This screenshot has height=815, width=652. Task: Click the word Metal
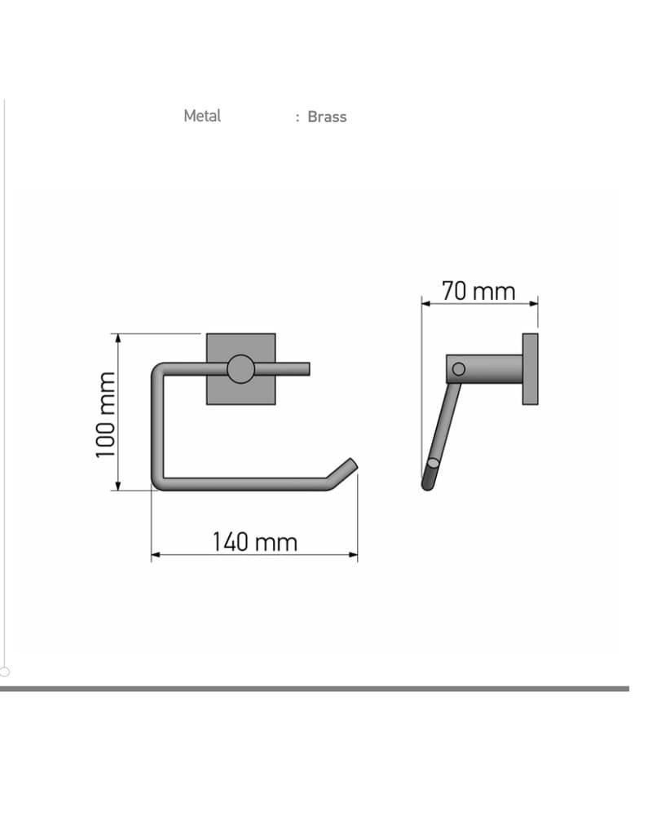(x=202, y=116)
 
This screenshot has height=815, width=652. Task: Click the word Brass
(x=327, y=117)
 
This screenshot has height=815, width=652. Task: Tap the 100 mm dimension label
(x=106, y=415)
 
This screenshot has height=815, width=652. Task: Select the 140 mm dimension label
(x=255, y=542)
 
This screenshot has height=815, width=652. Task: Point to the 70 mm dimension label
(x=479, y=291)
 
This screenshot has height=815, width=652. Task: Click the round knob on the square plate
(x=240, y=369)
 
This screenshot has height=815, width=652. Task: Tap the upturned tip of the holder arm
(x=352, y=464)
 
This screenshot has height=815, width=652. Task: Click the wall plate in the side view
(x=531, y=369)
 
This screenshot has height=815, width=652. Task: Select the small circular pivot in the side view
(x=459, y=369)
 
